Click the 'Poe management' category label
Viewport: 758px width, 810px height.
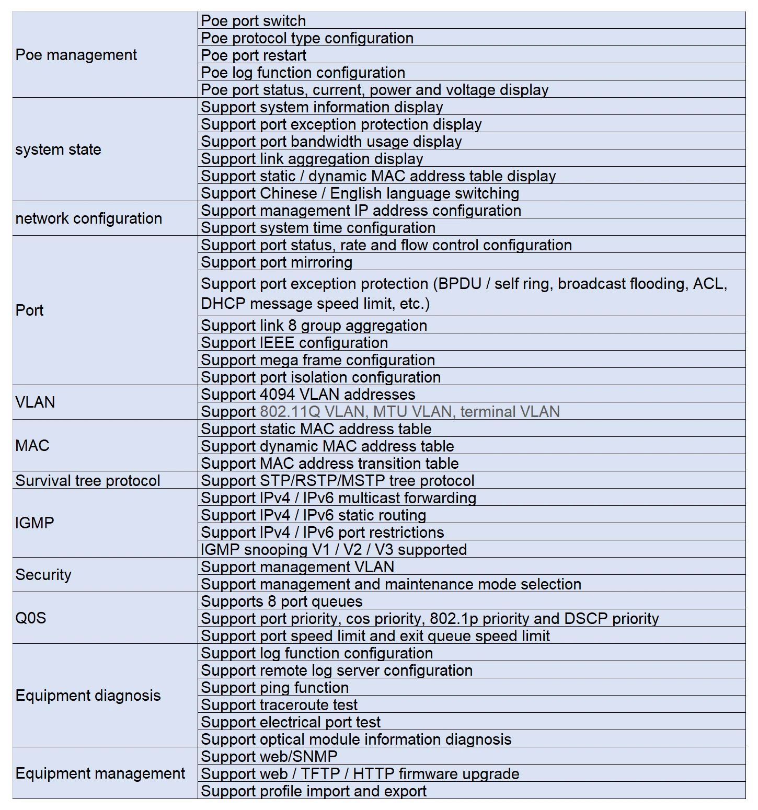click(x=76, y=55)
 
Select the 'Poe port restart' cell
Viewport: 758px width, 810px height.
click(x=254, y=55)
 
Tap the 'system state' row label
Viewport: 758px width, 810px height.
click(x=58, y=149)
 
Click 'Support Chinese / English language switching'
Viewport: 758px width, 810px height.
click(x=360, y=193)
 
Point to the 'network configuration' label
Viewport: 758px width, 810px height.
click(x=89, y=218)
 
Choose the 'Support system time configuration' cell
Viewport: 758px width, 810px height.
click(x=318, y=228)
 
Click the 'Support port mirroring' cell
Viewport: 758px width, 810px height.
click(x=277, y=262)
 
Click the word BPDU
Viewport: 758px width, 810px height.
click(x=460, y=284)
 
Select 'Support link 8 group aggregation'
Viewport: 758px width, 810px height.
click(x=314, y=326)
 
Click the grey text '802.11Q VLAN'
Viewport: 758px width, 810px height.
click(x=313, y=412)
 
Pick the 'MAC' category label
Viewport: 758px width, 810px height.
click(x=32, y=446)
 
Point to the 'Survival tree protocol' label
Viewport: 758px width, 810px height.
click(x=88, y=481)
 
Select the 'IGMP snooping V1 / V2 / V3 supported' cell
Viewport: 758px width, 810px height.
click(x=334, y=550)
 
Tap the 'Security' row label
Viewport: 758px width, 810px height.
click(x=43, y=575)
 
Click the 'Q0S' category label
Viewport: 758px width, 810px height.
click(x=31, y=618)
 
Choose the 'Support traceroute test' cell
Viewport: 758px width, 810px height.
click(x=279, y=705)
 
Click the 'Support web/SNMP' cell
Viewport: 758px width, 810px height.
click(x=269, y=757)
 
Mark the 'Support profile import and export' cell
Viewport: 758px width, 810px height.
click(x=314, y=791)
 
